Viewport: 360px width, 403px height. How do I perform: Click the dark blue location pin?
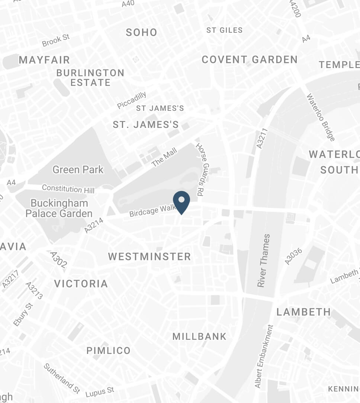pyautogui.click(x=181, y=201)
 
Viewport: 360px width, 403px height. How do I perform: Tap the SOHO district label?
pyautogui.click(x=141, y=33)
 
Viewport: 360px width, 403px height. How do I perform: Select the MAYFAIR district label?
pyautogui.click(x=44, y=60)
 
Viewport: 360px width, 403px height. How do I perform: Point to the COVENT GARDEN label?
pyautogui.click(x=250, y=59)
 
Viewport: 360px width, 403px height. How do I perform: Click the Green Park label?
pyautogui.click(x=78, y=170)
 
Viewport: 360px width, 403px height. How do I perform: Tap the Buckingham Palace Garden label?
pyautogui.click(x=59, y=208)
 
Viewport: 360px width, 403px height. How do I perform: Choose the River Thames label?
pyautogui.click(x=263, y=260)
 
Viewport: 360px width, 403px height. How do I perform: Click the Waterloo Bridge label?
pyautogui.click(x=320, y=117)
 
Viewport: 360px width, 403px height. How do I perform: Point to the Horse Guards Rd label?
pyautogui.click(x=201, y=170)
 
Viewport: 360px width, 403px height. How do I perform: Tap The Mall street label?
pyautogui.click(x=164, y=157)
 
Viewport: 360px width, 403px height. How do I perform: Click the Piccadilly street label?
pyautogui.click(x=132, y=100)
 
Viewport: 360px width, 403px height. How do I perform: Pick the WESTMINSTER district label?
pyautogui.click(x=150, y=257)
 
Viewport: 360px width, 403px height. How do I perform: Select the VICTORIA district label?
pyautogui.click(x=81, y=284)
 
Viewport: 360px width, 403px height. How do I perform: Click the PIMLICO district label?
pyautogui.click(x=108, y=351)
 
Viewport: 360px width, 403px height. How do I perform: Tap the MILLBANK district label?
pyautogui.click(x=199, y=337)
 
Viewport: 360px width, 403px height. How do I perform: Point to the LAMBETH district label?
pyautogui.click(x=303, y=312)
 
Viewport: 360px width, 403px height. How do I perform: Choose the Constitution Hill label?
pyautogui.click(x=68, y=188)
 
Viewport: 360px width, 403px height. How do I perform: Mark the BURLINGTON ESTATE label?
pyautogui.click(x=90, y=77)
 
